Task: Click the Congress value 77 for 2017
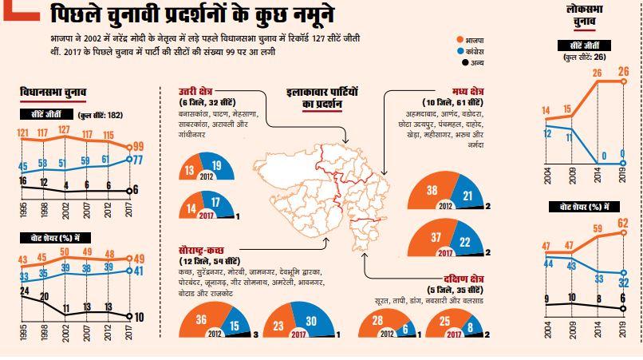coord(136,160)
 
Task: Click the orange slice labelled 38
coord(430,191)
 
